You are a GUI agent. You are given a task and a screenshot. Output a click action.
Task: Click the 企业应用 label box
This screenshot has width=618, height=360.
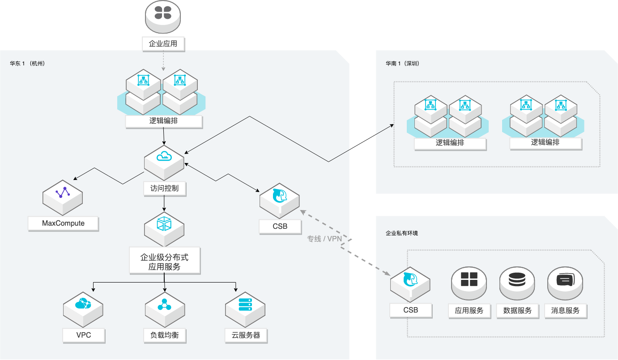pyautogui.click(x=163, y=44)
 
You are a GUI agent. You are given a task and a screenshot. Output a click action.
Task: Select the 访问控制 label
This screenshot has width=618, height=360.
pyautogui.click(x=164, y=189)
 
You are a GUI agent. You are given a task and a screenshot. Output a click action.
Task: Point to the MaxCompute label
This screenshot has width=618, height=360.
pyautogui.click(x=63, y=223)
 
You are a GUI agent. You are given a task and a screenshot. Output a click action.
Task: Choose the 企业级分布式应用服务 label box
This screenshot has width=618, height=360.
pyautogui.click(x=164, y=262)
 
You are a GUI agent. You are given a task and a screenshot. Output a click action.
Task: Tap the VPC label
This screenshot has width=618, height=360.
pyautogui.click(x=83, y=335)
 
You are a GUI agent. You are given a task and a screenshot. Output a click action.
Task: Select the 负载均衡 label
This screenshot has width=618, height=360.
pyautogui.click(x=164, y=335)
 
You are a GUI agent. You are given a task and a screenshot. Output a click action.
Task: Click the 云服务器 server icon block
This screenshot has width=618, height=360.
pyautogui.click(x=245, y=307)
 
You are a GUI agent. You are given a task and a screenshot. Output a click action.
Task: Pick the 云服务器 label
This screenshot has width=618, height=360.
pyautogui.click(x=246, y=335)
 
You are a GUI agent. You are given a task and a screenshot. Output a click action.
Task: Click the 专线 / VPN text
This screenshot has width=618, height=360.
pyautogui.click(x=324, y=239)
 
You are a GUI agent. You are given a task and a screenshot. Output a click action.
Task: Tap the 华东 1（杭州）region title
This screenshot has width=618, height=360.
pyautogui.click(x=27, y=64)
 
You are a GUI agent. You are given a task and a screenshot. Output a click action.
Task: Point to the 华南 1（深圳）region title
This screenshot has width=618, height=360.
pyautogui.click(x=403, y=64)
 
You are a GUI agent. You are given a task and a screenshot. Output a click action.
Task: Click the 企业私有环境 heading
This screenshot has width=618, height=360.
pyautogui.click(x=401, y=233)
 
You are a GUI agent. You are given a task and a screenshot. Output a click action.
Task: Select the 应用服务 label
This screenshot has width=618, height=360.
pyautogui.click(x=469, y=311)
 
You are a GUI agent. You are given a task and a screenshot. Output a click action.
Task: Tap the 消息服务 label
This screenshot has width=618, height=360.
pyautogui.click(x=566, y=311)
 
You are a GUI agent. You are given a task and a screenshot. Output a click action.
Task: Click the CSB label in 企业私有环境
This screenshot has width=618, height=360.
pyautogui.click(x=410, y=310)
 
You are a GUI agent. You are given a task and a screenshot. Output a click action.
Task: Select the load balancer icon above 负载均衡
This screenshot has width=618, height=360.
pyautogui.click(x=164, y=307)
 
